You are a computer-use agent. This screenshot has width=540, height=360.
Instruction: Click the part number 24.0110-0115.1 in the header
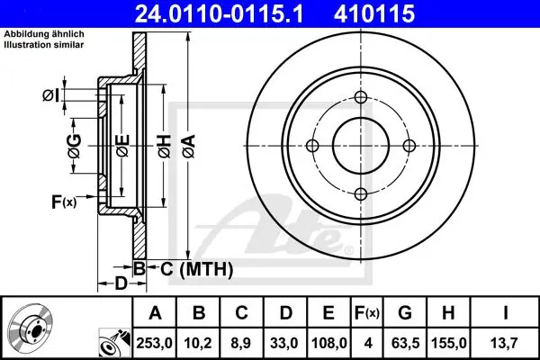pyautogui.click(x=219, y=13)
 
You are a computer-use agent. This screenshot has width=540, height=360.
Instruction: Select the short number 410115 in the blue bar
pyautogui.click(x=374, y=13)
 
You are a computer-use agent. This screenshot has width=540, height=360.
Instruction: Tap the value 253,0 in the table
pyautogui.click(x=154, y=343)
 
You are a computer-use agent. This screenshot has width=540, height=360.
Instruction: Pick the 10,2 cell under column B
pyautogui.click(x=198, y=343)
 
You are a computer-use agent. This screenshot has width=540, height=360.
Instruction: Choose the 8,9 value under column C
pyautogui.click(x=241, y=343)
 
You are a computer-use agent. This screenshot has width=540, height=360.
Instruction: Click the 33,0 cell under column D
pyautogui.click(x=284, y=343)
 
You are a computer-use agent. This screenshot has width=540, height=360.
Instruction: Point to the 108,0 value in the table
pyautogui.click(x=328, y=343)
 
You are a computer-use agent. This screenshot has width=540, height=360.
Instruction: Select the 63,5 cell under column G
pyautogui.click(x=405, y=343)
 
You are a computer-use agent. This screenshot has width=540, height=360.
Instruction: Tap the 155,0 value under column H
pyautogui.click(x=449, y=343)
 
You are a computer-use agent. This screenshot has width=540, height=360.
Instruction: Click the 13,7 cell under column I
pyautogui.click(x=505, y=343)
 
